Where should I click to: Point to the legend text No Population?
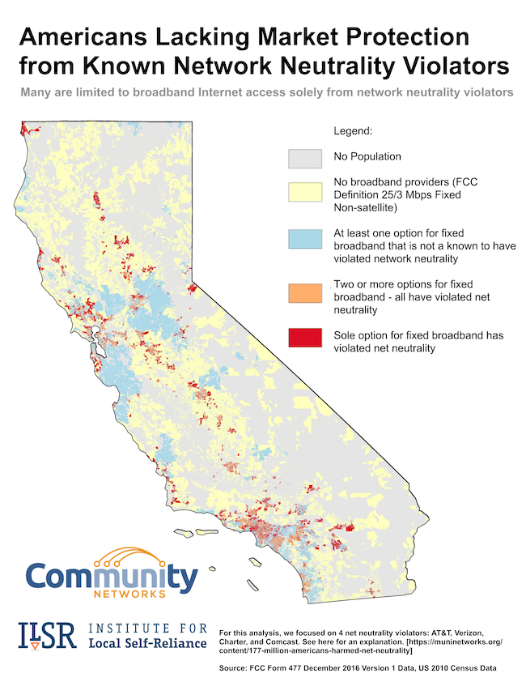pos(367,156)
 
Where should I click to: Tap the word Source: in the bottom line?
pos(235,669)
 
